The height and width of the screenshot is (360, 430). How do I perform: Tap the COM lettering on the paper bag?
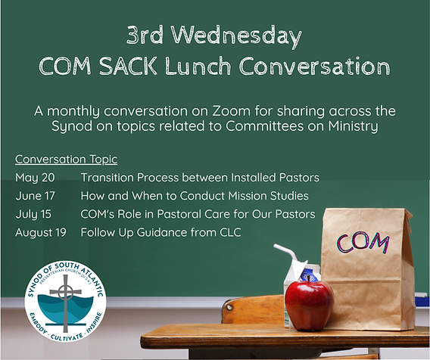(x=363, y=242)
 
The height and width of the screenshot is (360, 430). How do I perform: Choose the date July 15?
(x=34, y=214)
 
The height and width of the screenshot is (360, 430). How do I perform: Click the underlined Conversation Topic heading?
(x=66, y=160)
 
